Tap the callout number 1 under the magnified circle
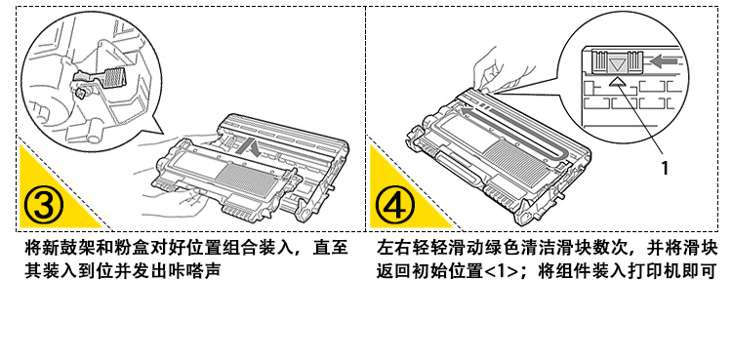[665, 168]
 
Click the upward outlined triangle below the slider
[618, 82]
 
